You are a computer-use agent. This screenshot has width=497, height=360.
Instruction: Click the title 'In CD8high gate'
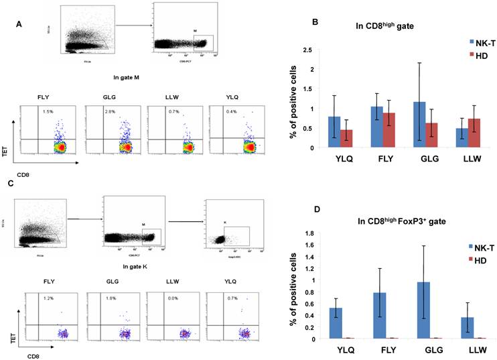381,26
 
